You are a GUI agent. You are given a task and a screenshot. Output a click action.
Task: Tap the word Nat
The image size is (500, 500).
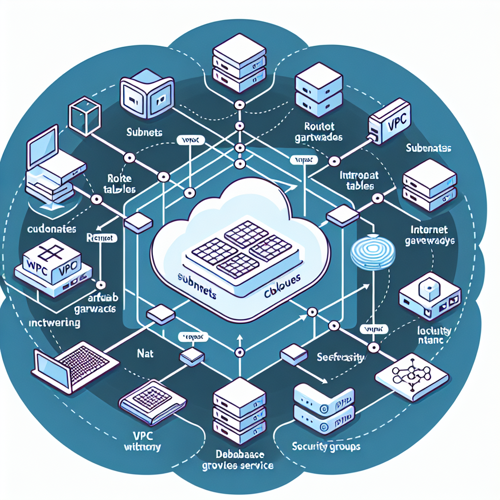146,352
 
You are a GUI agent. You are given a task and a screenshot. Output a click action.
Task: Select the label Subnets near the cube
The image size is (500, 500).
144,132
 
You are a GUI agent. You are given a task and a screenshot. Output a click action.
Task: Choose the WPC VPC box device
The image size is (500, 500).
51,266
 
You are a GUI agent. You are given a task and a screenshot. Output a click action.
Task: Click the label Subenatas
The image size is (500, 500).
429,147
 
